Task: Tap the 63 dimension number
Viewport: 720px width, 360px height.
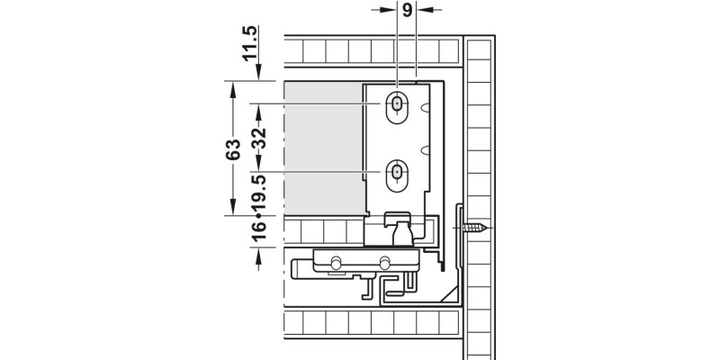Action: pyautogui.click(x=233, y=149)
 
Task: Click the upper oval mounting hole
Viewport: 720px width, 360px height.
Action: pyautogui.click(x=397, y=105)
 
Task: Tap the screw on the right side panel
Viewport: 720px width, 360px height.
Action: pyautogui.click(x=477, y=229)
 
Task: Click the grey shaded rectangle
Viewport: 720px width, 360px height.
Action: pyautogui.click(x=323, y=148)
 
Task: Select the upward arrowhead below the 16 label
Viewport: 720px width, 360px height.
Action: pyautogui.click(x=258, y=255)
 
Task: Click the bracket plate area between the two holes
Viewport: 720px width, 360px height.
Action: pyautogui.click(x=397, y=139)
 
